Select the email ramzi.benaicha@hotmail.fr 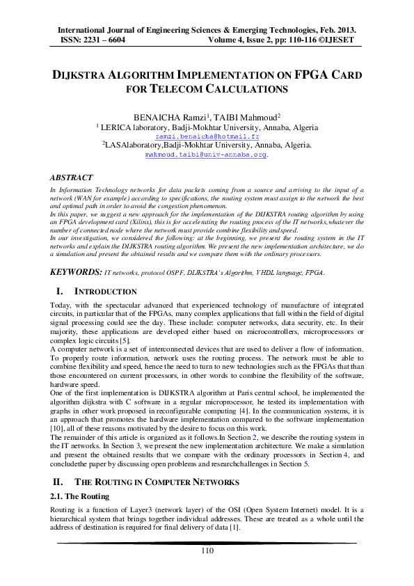207,137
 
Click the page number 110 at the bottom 207,551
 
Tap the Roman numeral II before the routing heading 58,482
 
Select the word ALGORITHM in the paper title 152,73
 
